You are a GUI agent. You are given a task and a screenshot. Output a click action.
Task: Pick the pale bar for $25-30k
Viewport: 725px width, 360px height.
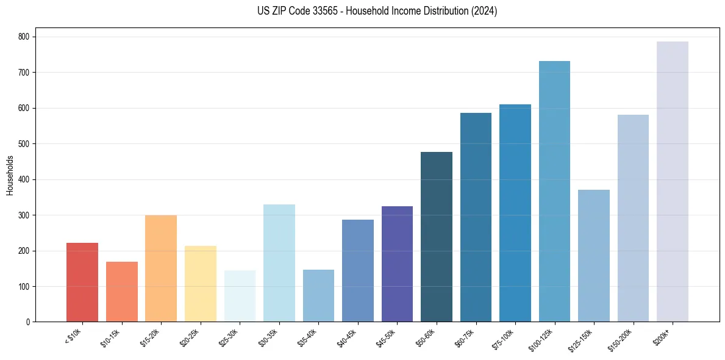(x=240, y=296)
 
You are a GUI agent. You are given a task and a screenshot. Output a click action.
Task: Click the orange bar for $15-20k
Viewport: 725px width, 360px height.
(x=161, y=268)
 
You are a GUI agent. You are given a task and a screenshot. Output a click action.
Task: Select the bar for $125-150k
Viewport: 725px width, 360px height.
(x=594, y=256)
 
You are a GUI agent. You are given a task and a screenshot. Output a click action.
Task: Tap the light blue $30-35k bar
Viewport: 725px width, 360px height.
(x=279, y=263)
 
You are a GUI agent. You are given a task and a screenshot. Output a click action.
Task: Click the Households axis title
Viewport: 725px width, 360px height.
(x=10, y=175)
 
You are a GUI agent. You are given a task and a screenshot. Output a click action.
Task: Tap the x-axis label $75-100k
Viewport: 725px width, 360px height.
(x=504, y=337)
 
